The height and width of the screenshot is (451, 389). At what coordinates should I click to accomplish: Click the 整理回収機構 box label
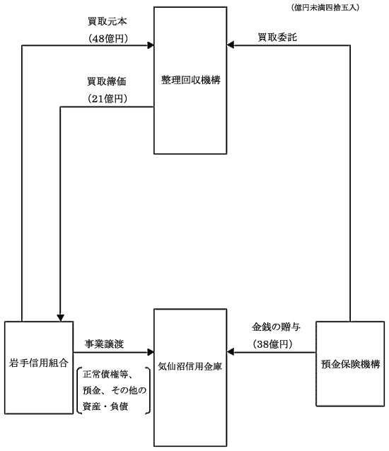coord(191,80)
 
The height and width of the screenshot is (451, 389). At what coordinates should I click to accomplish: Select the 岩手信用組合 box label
coord(39,363)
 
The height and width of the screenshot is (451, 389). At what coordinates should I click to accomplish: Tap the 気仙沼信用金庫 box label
coord(190,366)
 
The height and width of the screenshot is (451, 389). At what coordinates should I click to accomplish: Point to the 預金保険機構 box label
coord(350,364)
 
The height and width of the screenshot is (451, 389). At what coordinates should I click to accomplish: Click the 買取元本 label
coord(107,21)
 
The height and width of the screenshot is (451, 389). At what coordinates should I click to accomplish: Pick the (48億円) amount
coord(108,38)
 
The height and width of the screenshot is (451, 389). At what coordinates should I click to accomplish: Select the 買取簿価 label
coord(107,81)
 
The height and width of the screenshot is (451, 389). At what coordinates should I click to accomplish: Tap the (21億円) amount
coord(108,99)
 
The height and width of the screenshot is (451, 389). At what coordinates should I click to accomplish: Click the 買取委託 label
coord(277,37)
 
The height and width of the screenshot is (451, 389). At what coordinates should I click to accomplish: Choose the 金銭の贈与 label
coord(277,327)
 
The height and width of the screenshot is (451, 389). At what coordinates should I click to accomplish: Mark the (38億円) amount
coord(273,344)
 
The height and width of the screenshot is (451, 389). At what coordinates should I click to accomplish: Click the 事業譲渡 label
coord(104,344)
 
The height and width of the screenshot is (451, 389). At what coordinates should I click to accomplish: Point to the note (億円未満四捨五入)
coord(325,8)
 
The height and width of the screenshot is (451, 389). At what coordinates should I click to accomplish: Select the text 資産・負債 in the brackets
coord(105,406)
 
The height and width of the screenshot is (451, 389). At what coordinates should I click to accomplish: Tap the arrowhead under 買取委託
coord(230,45)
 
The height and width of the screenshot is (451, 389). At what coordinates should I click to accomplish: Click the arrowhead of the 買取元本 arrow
coord(151,45)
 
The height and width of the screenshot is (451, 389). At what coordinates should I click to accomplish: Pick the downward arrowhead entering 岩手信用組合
coord(60,318)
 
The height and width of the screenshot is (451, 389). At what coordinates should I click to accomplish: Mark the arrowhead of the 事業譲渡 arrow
coord(151,352)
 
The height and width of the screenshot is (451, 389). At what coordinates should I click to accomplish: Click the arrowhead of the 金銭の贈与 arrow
coord(230,352)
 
